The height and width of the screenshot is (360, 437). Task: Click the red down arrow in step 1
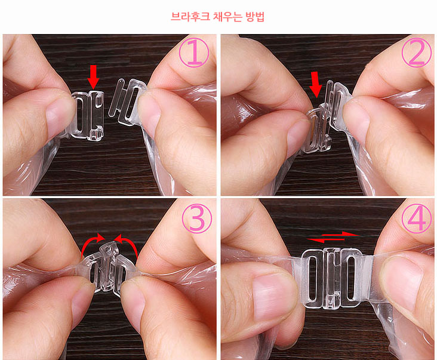(93, 77)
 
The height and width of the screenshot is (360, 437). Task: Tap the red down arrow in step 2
(315, 84)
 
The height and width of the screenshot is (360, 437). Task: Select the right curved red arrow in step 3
(127, 245)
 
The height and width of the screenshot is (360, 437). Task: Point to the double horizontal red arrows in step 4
(333, 237)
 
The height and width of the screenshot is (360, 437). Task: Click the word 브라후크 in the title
(190, 17)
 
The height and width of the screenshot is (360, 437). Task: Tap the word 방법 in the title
(255, 17)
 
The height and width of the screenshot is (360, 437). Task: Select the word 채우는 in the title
(227, 17)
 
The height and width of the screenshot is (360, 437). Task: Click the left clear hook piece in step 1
(87, 115)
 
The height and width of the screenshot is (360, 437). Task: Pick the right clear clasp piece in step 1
(127, 101)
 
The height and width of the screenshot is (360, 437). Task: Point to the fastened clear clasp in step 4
(332, 278)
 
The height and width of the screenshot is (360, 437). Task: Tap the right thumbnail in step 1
(148, 110)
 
